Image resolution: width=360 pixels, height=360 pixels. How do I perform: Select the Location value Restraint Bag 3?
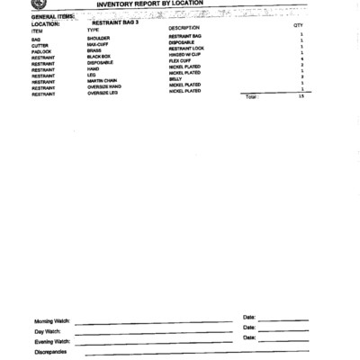[x=115, y=22]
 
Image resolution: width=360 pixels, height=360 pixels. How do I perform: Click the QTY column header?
[x=298, y=26]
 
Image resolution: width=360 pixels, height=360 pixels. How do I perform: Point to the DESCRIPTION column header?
[x=184, y=29]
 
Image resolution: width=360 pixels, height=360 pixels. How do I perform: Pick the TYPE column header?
[x=93, y=31]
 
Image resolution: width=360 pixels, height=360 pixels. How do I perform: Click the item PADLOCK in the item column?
[x=41, y=51]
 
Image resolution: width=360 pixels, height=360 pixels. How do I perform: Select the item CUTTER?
[x=40, y=45]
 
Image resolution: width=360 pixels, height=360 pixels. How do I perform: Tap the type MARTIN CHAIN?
[x=101, y=81]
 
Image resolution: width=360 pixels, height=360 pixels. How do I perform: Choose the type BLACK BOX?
[x=98, y=57]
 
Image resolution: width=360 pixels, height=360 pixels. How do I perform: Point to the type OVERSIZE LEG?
[x=103, y=93]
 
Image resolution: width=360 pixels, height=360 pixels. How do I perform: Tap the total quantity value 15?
[x=301, y=95]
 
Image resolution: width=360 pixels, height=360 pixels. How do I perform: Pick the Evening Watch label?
[x=51, y=342]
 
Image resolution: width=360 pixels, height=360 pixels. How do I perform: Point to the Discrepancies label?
[x=52, y=352]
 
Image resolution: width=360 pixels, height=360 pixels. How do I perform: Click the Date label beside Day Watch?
[x=249, y=328]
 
